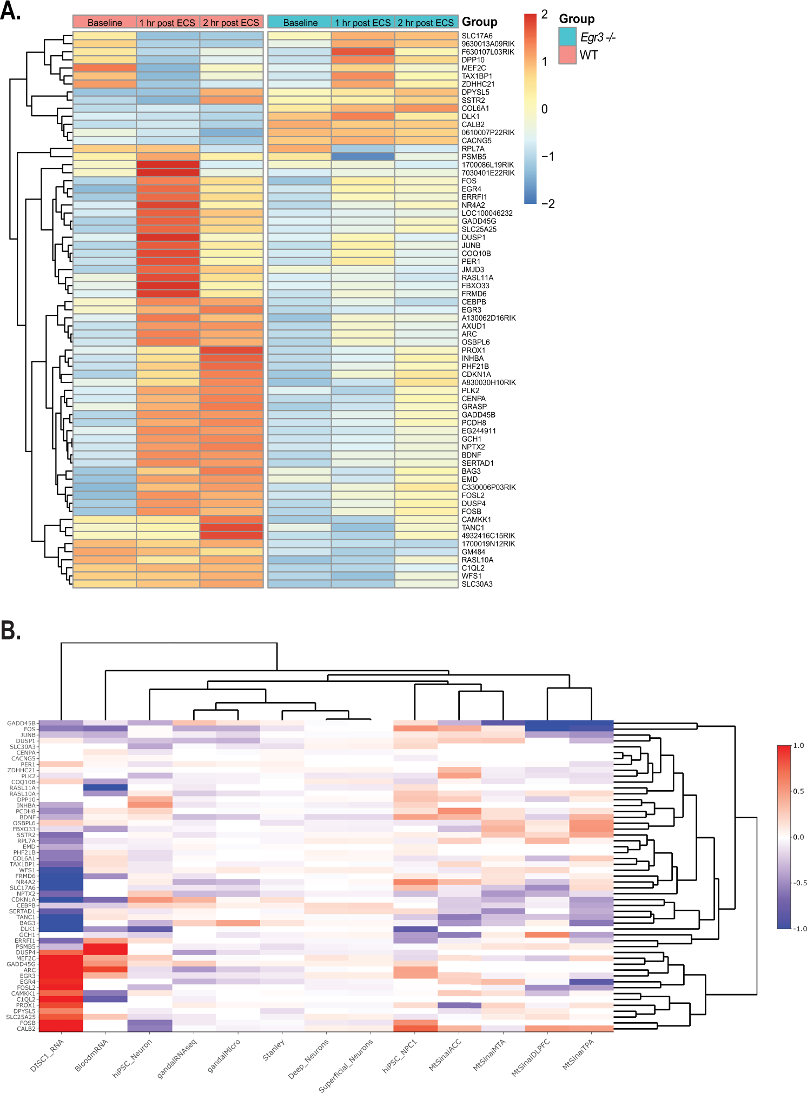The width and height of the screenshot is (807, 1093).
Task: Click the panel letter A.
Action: (x=11, y=11)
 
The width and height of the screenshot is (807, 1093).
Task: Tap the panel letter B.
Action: (x=11, y=631)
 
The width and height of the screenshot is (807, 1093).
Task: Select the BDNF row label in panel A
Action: (x=471, y=455)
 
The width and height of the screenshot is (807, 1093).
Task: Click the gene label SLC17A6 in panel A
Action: (x=477, y=36)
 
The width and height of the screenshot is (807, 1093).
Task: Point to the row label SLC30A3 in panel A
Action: (x=477, y=584)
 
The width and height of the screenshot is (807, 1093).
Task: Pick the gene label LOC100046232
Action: (x=487, y=213)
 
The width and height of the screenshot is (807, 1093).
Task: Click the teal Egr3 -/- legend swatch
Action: (x=567, y=37)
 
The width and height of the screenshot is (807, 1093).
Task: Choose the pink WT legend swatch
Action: (x=567, y=55)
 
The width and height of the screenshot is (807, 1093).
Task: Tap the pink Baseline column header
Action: (x=104, y=22)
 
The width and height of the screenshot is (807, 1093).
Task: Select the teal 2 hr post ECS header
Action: (x=426, y=22)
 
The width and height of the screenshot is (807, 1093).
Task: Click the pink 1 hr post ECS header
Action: (x=167, y=22)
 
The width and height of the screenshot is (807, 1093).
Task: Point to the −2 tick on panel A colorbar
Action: (x=548, y=204)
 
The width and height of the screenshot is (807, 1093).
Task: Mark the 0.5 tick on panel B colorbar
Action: (x=798, y=791)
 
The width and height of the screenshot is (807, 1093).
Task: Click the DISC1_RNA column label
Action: (x=48, y=1055)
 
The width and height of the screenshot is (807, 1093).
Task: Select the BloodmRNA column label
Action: (x=91, y=1055)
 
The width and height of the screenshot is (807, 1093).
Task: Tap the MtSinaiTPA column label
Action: (x=578, y=1054)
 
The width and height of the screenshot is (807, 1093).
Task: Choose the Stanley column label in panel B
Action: (x=274, y=1050)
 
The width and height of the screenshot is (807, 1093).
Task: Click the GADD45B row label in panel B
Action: (x=21, y=723)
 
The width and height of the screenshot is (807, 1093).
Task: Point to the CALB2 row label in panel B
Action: (x=26, y=1029)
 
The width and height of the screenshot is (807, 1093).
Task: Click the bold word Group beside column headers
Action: (x=479, y=22)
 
